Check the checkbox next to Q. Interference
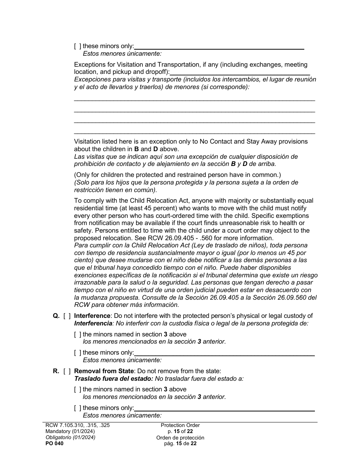(x=67, y=316)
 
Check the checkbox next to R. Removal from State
(x=67, y=371)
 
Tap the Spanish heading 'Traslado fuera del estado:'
(x=113, y=378)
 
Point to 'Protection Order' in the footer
(x=180, y=425)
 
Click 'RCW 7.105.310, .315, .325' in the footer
(x=77, y=425)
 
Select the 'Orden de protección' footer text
(x=180, y=438)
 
